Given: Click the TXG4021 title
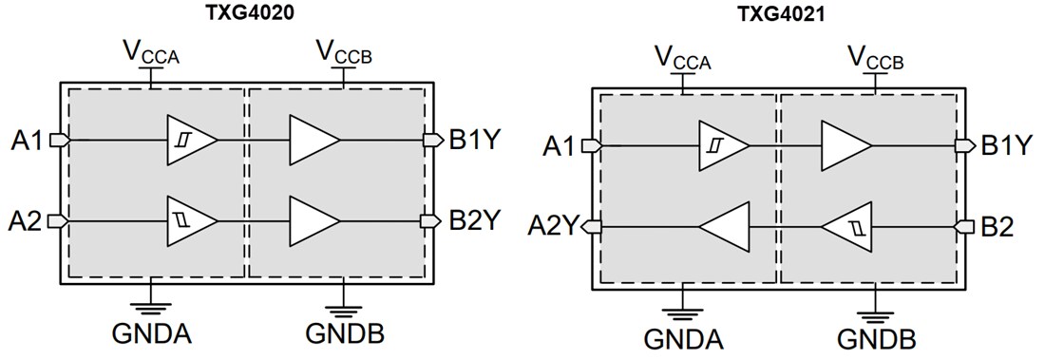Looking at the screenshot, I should [780, 14].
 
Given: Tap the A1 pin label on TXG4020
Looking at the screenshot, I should [28, 140].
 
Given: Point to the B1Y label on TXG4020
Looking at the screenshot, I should [476, 140].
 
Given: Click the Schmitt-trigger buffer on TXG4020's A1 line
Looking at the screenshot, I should [190, 140].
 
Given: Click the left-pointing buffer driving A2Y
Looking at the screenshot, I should [726, 227].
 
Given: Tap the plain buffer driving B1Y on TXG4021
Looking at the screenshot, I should [845, 146].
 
